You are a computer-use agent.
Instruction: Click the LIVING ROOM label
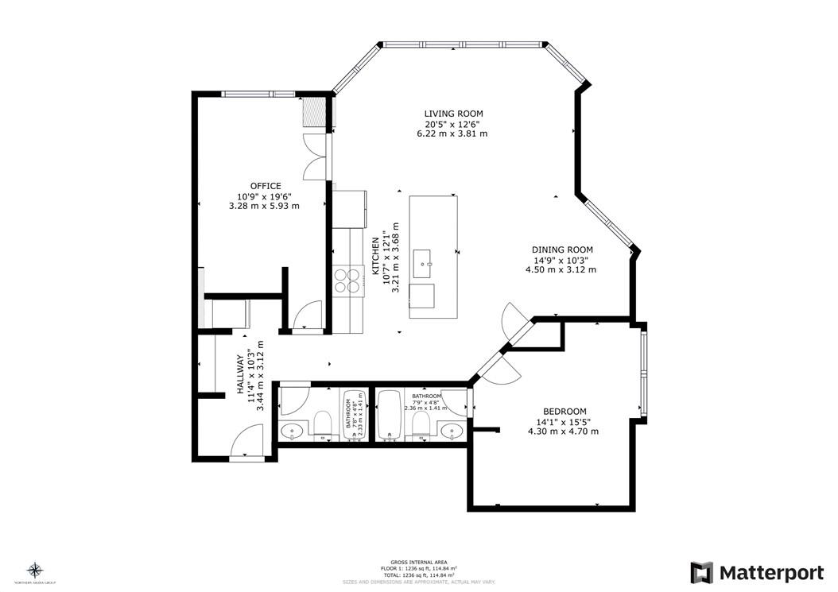point(453,114)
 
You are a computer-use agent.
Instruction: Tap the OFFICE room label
point(265,186)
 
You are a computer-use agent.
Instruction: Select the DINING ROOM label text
point(562,250)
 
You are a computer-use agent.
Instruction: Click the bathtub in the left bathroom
point(352,416)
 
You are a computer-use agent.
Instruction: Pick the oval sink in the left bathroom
point(293,431)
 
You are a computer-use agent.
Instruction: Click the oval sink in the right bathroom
point(452,431)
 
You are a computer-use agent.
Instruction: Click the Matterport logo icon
point(701,572)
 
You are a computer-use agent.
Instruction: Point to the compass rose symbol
point(34,569)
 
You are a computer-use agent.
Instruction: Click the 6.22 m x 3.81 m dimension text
point(452,133)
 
